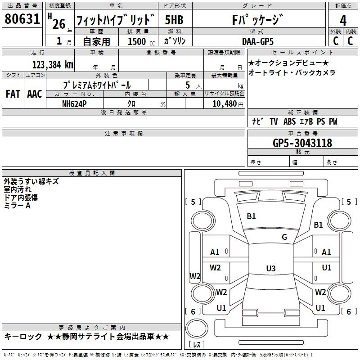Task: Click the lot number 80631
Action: click(x=22, y=19)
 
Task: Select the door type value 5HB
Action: click(x=174, y=20)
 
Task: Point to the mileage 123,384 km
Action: click(x=53, y=64)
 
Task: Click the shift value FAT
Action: click(x=13, y=94)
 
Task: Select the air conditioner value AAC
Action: click(x=35, y=94)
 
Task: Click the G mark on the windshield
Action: click(x=284, y=237)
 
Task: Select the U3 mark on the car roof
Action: click(x=270, y=269)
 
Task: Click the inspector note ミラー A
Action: click(x=17, y=205)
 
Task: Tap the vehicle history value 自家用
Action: click(x=96, y=41)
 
